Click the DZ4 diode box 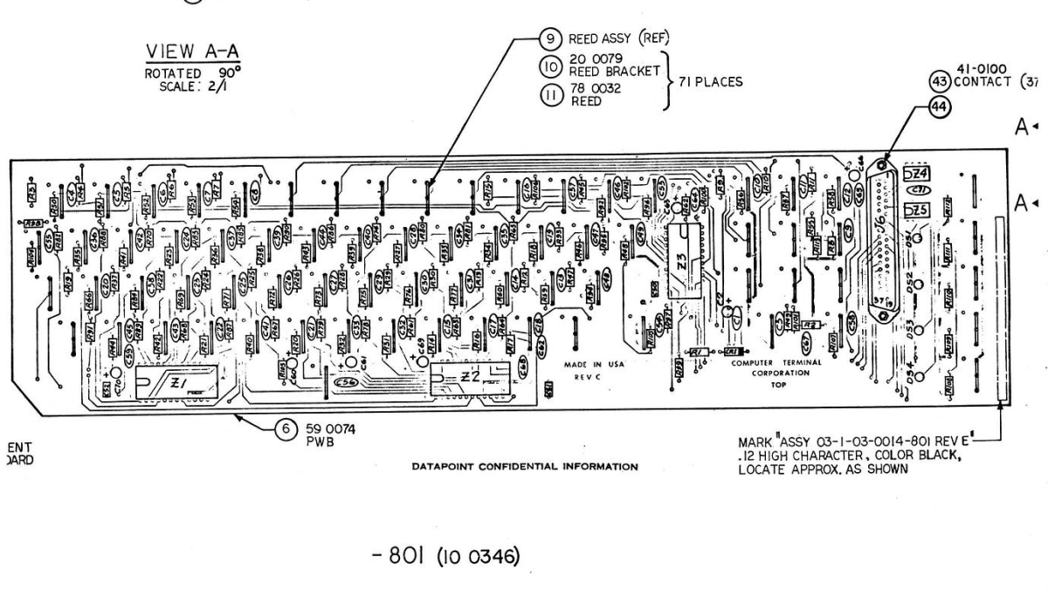coord(916,174)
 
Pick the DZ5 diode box coord(915,210)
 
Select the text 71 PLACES coord(707,82)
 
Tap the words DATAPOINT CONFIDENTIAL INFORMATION coord(524,466)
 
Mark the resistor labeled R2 coord(810,325)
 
